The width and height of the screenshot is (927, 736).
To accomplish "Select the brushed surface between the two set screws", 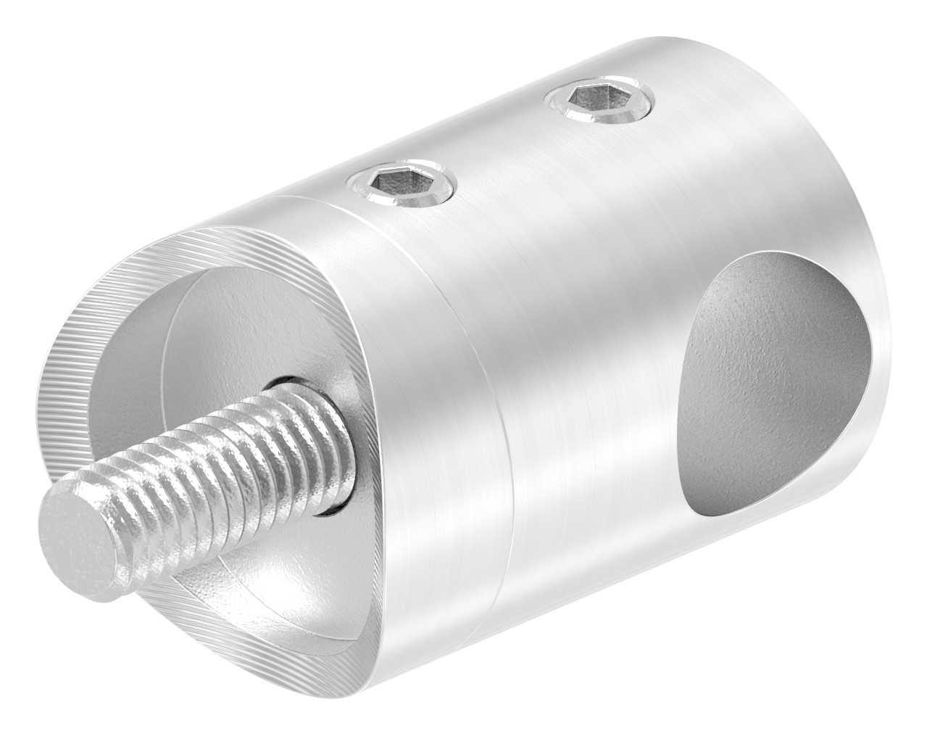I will point(493,152).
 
